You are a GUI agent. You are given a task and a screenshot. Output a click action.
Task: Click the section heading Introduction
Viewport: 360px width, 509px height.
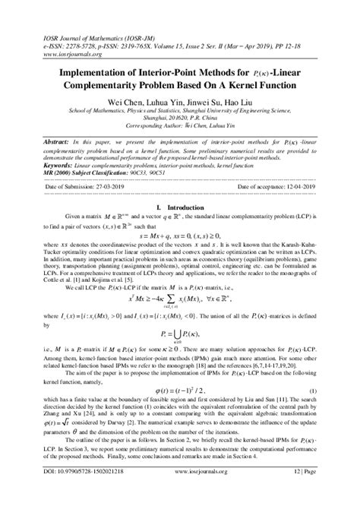point(181,206)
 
